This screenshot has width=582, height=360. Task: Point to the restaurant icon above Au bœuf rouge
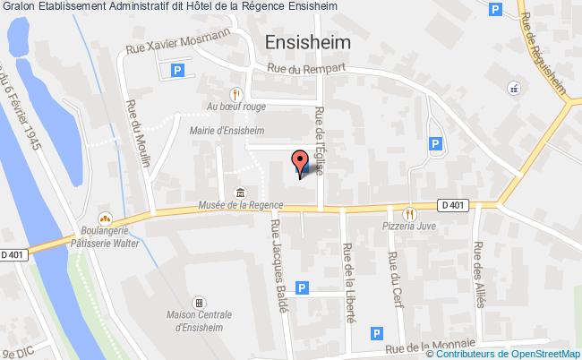point(235,92)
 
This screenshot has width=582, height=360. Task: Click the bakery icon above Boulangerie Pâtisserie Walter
point(105,217)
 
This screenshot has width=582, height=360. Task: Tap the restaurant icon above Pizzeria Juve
point(411,213)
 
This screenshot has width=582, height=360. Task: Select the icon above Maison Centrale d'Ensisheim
point(200,302)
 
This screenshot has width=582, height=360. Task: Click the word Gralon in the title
point(18,7)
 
